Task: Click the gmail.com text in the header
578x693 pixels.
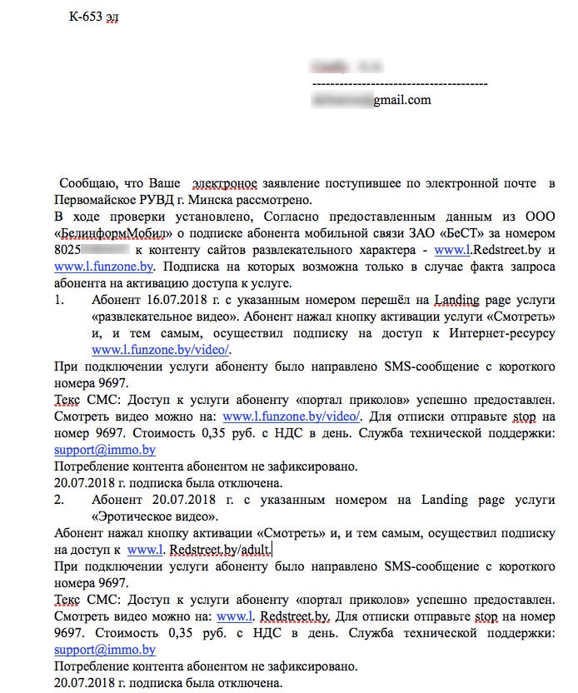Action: pyautogui.click(x=401, y=100)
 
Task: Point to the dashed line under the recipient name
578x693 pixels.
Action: pyautogui.click(x=399, y=83)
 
